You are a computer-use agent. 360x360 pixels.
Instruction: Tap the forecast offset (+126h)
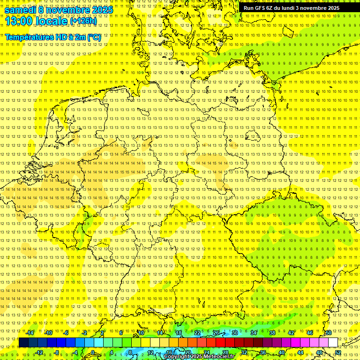tap(83, 21)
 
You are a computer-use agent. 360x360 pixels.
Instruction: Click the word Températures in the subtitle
tap(29, 37)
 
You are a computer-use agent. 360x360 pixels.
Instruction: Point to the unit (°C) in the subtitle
tap(94, 37)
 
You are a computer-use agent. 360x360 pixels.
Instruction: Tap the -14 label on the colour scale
tap(30, 333)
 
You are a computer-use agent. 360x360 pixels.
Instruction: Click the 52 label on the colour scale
tap(338, 352)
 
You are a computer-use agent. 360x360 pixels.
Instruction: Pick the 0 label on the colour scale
tap(93, 352)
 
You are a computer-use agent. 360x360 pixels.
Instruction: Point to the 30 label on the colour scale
tap(235, 333)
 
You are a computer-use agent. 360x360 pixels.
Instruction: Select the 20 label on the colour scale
tap(187, 352)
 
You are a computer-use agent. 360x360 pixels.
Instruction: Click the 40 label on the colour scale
tap(282, 352)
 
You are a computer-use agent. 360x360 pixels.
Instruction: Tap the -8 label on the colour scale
tap(57, 352)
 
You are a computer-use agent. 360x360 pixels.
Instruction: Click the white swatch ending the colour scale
tap(333, 343)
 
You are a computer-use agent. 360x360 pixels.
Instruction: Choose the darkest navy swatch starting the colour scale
tap(23, 343)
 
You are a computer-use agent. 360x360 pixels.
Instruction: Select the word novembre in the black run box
tap(314, 8)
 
